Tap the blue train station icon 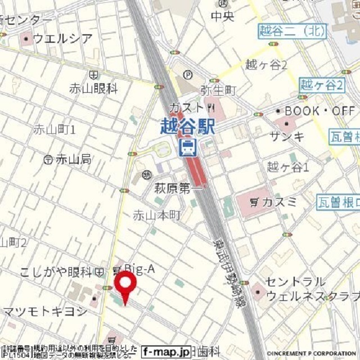(187, 148)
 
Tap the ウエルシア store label (62, 38)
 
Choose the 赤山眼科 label (93, 88)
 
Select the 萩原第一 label (178, 189)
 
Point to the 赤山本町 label (156, 215)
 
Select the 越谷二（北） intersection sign (292, 31)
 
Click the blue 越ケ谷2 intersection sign (321, 85)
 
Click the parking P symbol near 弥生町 (188, 74)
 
